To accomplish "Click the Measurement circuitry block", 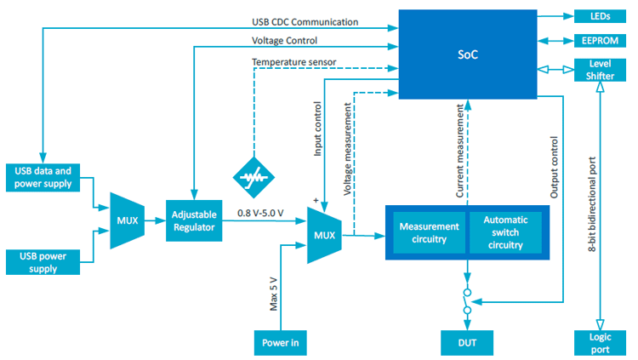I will pos(429,232).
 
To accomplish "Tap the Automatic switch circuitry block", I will pos(505,232).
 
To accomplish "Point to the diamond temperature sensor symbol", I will pos(254,176).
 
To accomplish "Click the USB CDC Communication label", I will pos(305,21).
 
